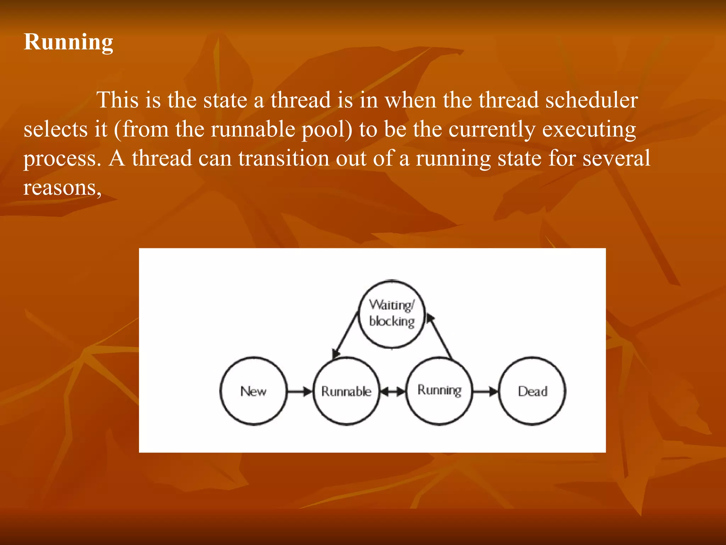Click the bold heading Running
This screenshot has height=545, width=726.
(68, 42)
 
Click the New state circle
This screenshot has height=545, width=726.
(253, 391)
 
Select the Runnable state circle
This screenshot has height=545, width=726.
(346, 391)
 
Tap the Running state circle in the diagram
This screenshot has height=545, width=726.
(439, 390)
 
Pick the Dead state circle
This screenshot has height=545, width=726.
(532, 391)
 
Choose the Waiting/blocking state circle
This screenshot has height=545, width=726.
(392, 314)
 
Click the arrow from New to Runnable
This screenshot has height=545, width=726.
(300, 392)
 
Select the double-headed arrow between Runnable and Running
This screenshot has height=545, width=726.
(393, 392)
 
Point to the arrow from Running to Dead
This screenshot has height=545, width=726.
(485, 392)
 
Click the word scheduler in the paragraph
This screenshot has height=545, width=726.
(591, 100)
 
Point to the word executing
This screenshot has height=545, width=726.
(589, 130)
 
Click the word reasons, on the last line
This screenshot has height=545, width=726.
(62, 187)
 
